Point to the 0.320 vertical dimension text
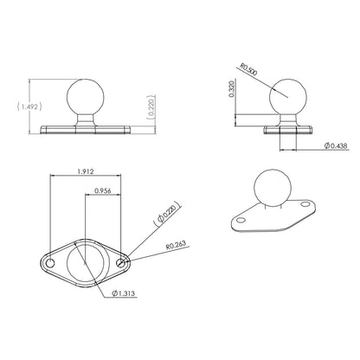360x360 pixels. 232,88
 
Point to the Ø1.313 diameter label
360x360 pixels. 125,292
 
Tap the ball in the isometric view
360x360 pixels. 267,190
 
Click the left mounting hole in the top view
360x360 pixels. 51,260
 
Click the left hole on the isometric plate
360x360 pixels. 238,222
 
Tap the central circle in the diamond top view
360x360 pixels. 85,260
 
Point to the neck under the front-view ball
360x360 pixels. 84,114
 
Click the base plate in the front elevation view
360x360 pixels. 84,128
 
